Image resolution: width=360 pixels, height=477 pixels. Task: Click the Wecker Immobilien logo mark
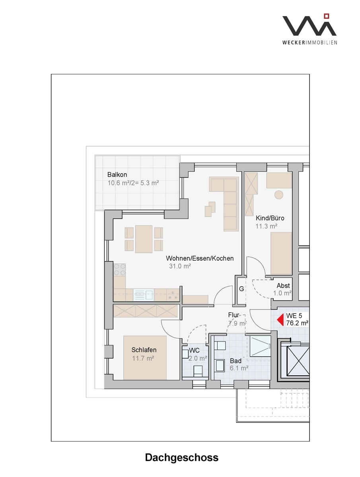(x=309, y=25)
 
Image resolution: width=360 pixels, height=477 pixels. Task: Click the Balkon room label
(x=117, y=175)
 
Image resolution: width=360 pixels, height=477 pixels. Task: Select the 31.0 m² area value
(x=180, y=266)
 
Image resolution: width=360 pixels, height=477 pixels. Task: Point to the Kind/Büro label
(x=270, y=218)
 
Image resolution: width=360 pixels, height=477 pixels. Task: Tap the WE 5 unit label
(x=294, y=316)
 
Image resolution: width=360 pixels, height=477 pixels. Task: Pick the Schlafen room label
(x=144, y=350)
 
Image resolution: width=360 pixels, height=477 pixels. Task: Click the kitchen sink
(x=144, y=295)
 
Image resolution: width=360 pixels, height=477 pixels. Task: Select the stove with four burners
(x=120, y=270)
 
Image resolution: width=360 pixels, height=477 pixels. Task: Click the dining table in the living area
(x=144, y=239)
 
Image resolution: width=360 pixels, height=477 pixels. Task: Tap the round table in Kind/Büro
(x=279, y=195)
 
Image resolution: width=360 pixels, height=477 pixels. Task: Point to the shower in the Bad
(x=260, y=346)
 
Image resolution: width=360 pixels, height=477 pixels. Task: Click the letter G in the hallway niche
(x=241, y=289)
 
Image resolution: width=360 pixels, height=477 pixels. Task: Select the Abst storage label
(x=283, y=285)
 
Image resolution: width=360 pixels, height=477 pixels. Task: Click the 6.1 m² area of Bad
(x=239, y=368)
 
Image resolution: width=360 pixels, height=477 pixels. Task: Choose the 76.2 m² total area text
(x=297, y=323)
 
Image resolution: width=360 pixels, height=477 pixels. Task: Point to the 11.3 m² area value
(x=266, y=226)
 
